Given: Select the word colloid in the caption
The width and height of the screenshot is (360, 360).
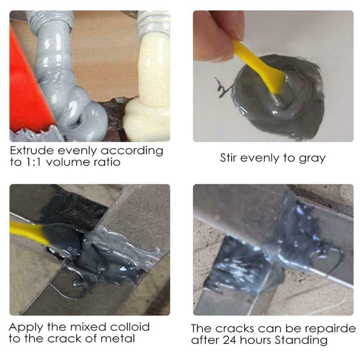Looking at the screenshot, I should pos(128,327).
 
